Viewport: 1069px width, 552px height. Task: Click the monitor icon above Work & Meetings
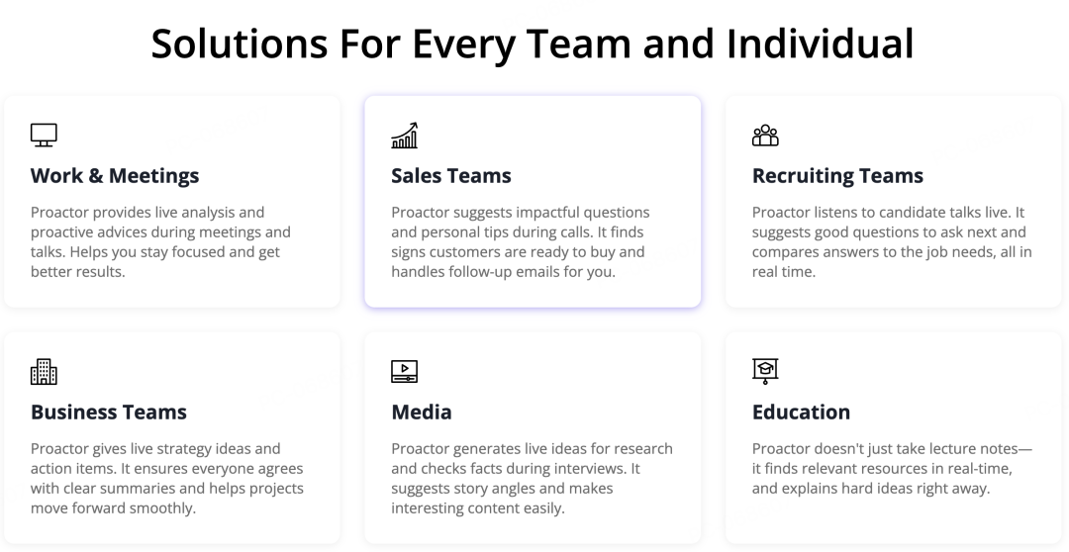pyautogui.click(x=44, y=135)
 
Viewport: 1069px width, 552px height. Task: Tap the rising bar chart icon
pyautogui.click(x=404, y=135)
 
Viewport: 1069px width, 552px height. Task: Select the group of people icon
pyautogui.click(x=765, y=135)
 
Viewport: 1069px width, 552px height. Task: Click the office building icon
pyautogui.click(x=44, y=371)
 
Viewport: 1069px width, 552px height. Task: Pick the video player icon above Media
pyautogui.click(x=404, y=371)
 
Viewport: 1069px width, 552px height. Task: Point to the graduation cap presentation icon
pyautogui.click(x=765, y=371)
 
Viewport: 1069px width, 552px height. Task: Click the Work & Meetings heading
pyautogui.click(x=115, y=176)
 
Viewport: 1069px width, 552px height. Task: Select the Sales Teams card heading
pyautogui.click(x=451, y=176)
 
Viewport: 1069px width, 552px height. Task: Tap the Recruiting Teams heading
pyautogui.click(x=837, y=176)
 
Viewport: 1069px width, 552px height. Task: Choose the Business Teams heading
pyautogui.click(x=109, y=413)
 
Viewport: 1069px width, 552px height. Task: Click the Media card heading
pyautogui.click(x=422, y=413)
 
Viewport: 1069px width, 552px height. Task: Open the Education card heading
pyautogui.click(x=801, y=413)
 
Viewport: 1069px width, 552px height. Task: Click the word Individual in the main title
pyautogui.click(x=821, y=43)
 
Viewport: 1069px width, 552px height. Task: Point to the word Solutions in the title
pyautogui.click(x=240, y=43)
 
